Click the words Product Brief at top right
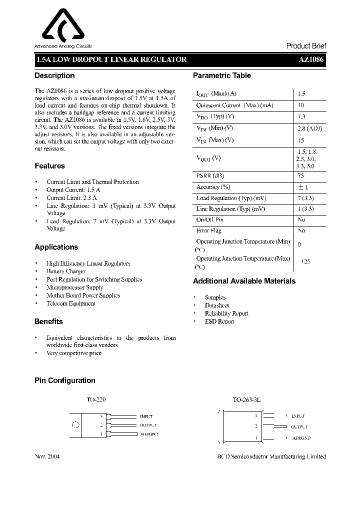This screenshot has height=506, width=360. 306,46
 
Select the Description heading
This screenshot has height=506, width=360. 54,75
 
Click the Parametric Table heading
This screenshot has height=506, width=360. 222,75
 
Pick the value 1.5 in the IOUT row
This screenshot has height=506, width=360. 301,94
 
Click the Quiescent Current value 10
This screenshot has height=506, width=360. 300,105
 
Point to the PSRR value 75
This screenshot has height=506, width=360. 300,176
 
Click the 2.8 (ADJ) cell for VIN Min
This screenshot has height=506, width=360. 309,128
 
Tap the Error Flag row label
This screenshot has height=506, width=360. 208,231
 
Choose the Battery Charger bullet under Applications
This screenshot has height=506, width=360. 66,271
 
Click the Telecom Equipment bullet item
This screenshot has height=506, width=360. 70,303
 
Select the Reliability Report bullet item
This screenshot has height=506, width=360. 226,313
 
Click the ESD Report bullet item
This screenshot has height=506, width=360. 219,321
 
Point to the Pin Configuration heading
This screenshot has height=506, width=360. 64,380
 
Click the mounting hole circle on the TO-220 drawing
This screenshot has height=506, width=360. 76,425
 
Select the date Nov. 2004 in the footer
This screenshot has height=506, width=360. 47,456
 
